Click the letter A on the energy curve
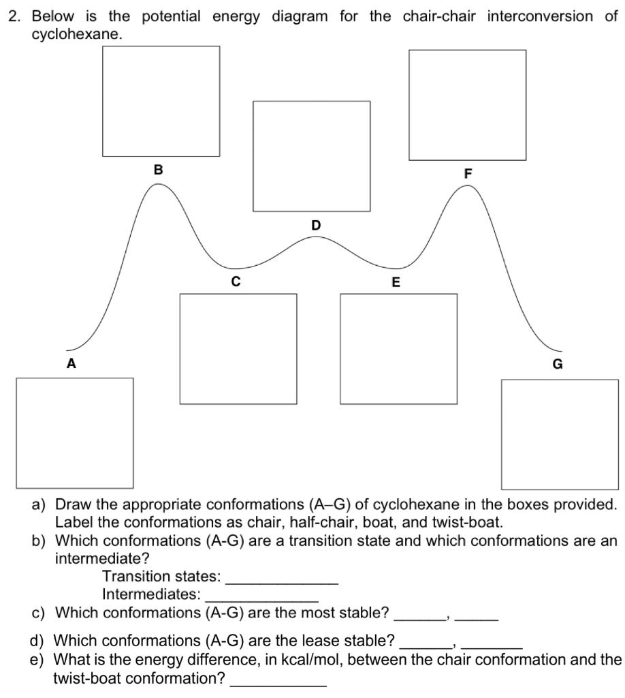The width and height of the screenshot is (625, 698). point(71,364)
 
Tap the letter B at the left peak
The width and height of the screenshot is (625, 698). point(158,170)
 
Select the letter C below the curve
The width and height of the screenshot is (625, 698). point(236,281)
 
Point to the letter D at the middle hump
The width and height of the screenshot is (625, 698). point(315,225)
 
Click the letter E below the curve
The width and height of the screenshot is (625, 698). point(396,282)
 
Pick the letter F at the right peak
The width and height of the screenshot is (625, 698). point(468,174)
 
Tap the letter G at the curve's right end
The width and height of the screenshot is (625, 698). point(557,364)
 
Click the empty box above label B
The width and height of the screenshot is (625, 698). point(161,101)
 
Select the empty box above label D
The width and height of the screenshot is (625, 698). point(312,156)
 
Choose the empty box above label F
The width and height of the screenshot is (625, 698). point(468,105)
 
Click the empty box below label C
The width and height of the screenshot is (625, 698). point(238,348)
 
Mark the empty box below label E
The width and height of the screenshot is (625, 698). point(399,348)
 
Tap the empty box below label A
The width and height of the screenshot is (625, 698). point(75,433)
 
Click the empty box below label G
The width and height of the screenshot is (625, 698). point(560,434)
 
